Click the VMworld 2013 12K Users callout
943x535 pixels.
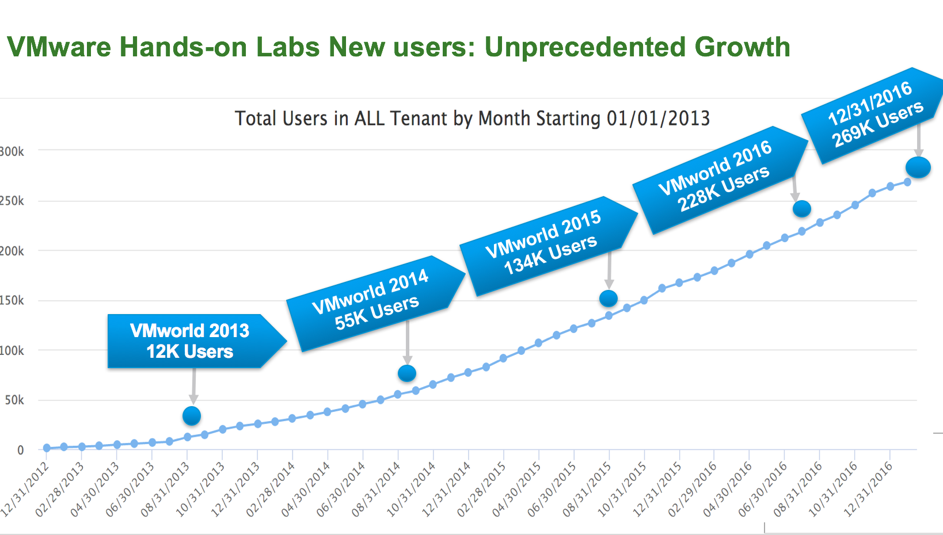tap(190, 341)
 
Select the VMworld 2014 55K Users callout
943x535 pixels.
tap(371, 301)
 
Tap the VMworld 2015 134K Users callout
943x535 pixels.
tap(543, 244)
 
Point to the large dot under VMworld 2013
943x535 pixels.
tap(192, 415)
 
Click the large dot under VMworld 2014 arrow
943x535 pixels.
tap(407, 373)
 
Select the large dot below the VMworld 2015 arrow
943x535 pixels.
tap(609, 299)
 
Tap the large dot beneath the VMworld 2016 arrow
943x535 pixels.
tap(802, 209)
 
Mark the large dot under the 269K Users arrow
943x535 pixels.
tap(918, 167)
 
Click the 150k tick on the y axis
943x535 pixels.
tap(12, 300)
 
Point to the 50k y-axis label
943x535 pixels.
tap(14, 400)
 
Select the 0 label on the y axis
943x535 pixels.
tap(21, 450)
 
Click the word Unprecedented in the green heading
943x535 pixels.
tap(584, 47)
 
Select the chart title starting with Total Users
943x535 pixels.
tap(472, 119)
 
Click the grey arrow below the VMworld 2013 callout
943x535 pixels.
tap(193, 386)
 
